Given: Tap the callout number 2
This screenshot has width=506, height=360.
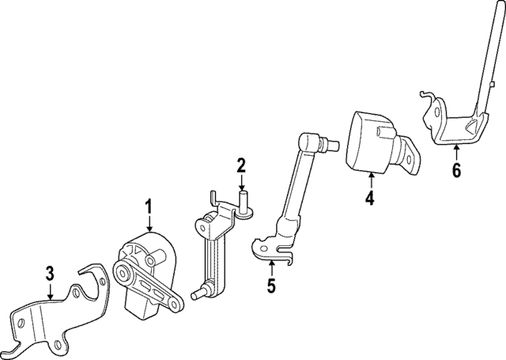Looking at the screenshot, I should click(x=241, y=166).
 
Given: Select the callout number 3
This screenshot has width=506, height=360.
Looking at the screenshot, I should click(x=49, y=275).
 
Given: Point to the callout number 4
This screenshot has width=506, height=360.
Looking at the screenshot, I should click(x=368, y=198).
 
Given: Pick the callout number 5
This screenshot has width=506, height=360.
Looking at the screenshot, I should click(x=271, y=285).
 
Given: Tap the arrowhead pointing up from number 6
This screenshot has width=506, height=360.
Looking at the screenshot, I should click(x=455, y=148).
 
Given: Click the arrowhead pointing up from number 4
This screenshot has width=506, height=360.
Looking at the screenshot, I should click(x=368, y=176).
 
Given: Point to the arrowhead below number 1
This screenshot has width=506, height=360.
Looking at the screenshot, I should click(x=147, y=230).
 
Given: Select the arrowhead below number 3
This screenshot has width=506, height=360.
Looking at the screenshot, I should click(x=49, y=297).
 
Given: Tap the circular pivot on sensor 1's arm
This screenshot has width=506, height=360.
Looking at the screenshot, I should click(x=123, y=273).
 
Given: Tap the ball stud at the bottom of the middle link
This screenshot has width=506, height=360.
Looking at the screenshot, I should click(x=195, y=295).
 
